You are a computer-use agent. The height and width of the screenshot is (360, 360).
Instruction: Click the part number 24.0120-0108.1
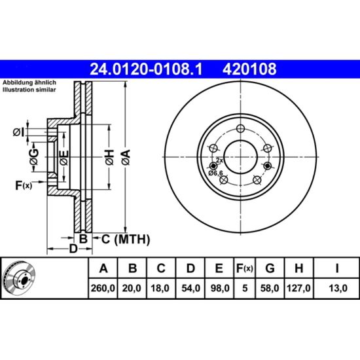(x=146, y=69)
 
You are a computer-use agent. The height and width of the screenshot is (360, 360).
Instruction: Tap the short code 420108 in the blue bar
(x=249, y=69)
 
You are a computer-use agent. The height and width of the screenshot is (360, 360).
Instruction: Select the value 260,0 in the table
(x=103, y=288)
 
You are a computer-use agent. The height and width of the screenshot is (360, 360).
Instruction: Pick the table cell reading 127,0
(x=298, y=288)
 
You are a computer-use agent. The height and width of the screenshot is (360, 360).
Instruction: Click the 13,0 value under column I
(x=338, y=288)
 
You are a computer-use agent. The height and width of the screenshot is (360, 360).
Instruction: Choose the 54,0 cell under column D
(x=190, y=288)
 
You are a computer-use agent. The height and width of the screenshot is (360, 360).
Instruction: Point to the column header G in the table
(x=270, y=268)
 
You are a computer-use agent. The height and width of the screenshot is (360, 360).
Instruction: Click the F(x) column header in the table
(x=245, y=268)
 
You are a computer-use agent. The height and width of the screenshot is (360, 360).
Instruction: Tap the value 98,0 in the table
(x=220, y=288)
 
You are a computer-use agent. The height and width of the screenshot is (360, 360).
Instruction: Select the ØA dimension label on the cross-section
(x=126, y=157)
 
